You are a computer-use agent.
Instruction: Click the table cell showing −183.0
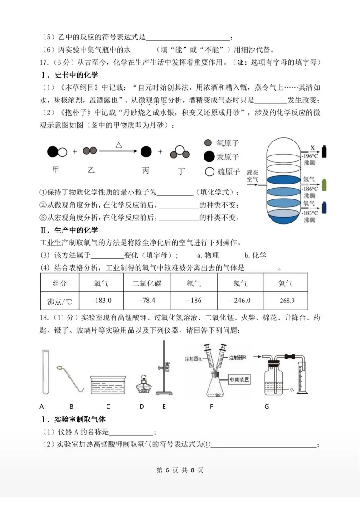101,300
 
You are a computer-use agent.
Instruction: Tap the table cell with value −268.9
285,300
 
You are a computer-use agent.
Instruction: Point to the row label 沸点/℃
59,301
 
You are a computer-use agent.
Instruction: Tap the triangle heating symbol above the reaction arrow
119,145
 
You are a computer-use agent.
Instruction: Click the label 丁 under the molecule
180,170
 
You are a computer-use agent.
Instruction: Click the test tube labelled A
44,371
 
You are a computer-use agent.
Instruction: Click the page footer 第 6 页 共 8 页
180,470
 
